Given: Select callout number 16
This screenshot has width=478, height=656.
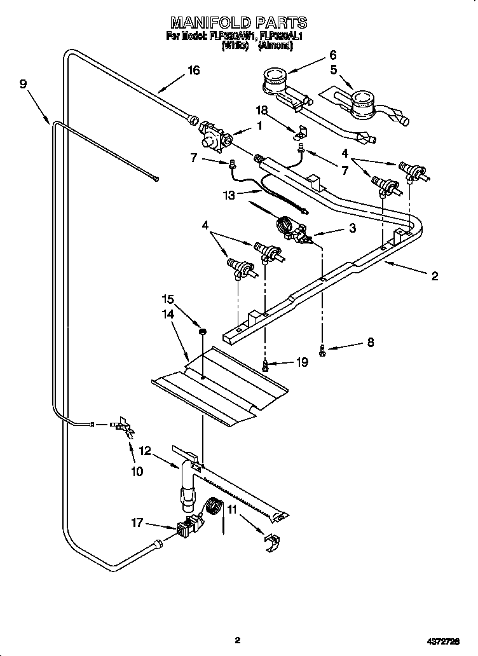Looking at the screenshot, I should coord(193,71).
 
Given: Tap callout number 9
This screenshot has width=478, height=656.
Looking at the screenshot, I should coord(24,84).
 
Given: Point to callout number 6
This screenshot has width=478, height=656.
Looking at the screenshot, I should coord(332,55).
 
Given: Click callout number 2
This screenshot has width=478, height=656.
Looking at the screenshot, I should coord(434,276).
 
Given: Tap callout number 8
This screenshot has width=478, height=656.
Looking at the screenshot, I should coord(370,343).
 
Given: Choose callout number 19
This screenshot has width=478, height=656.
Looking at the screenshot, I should coord(302,362).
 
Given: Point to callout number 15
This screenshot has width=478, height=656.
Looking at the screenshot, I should coord(167,298).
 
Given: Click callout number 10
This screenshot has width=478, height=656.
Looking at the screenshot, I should coord(137,471).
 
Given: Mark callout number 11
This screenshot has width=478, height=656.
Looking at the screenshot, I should coord(232,509).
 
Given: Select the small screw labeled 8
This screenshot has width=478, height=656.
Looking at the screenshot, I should coord(323,348).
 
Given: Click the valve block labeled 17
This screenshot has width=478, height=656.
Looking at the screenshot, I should coord(188,527).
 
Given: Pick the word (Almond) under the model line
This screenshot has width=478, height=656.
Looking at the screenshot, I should coord(275,46).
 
